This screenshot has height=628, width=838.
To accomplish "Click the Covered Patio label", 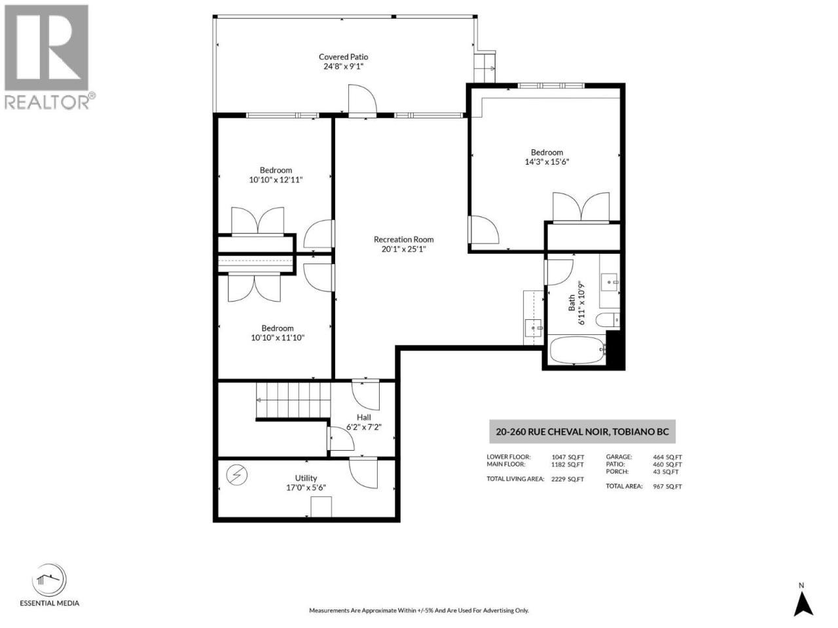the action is click(343, 57).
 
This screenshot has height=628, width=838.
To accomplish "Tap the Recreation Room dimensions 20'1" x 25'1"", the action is click(403, 249).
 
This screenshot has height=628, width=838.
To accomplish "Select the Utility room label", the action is click(306, 478).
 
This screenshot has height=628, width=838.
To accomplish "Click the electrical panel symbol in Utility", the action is click(237, 475).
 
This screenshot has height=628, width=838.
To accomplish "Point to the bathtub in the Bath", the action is click(577, 349).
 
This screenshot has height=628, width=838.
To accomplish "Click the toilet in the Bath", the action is click(608, 319).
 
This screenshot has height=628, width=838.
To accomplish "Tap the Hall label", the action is click(363, 417).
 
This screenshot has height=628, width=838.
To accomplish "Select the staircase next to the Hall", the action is click(293, 400).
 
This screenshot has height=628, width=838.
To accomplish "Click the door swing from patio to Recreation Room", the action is click(362, 99).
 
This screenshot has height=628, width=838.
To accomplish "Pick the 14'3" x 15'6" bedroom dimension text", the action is click(547, 162).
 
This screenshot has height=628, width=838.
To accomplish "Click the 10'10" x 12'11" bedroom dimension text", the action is click(276, 180).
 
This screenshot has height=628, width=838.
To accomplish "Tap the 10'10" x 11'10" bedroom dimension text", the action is click(278, 338).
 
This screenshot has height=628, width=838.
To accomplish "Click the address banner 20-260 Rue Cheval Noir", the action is click(582, 432).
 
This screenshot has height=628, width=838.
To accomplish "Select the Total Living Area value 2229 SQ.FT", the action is click(568, 480).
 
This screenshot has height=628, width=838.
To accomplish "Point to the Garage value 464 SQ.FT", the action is click(667, 457).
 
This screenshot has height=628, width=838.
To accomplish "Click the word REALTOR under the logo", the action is click(46, 102).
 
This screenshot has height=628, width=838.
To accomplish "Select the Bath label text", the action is click(572, 303).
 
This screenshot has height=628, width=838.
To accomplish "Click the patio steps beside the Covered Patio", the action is click(484, 68).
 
